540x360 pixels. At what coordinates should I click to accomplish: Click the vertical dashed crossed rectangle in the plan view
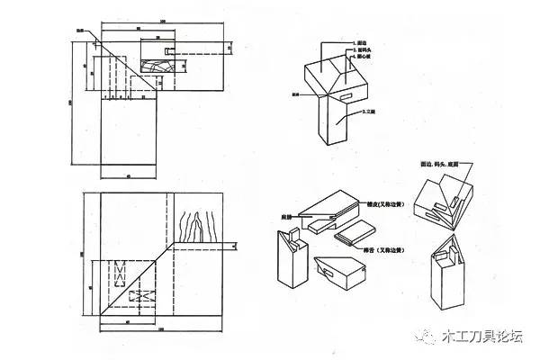pyautogui.click(x=117, y=270)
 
